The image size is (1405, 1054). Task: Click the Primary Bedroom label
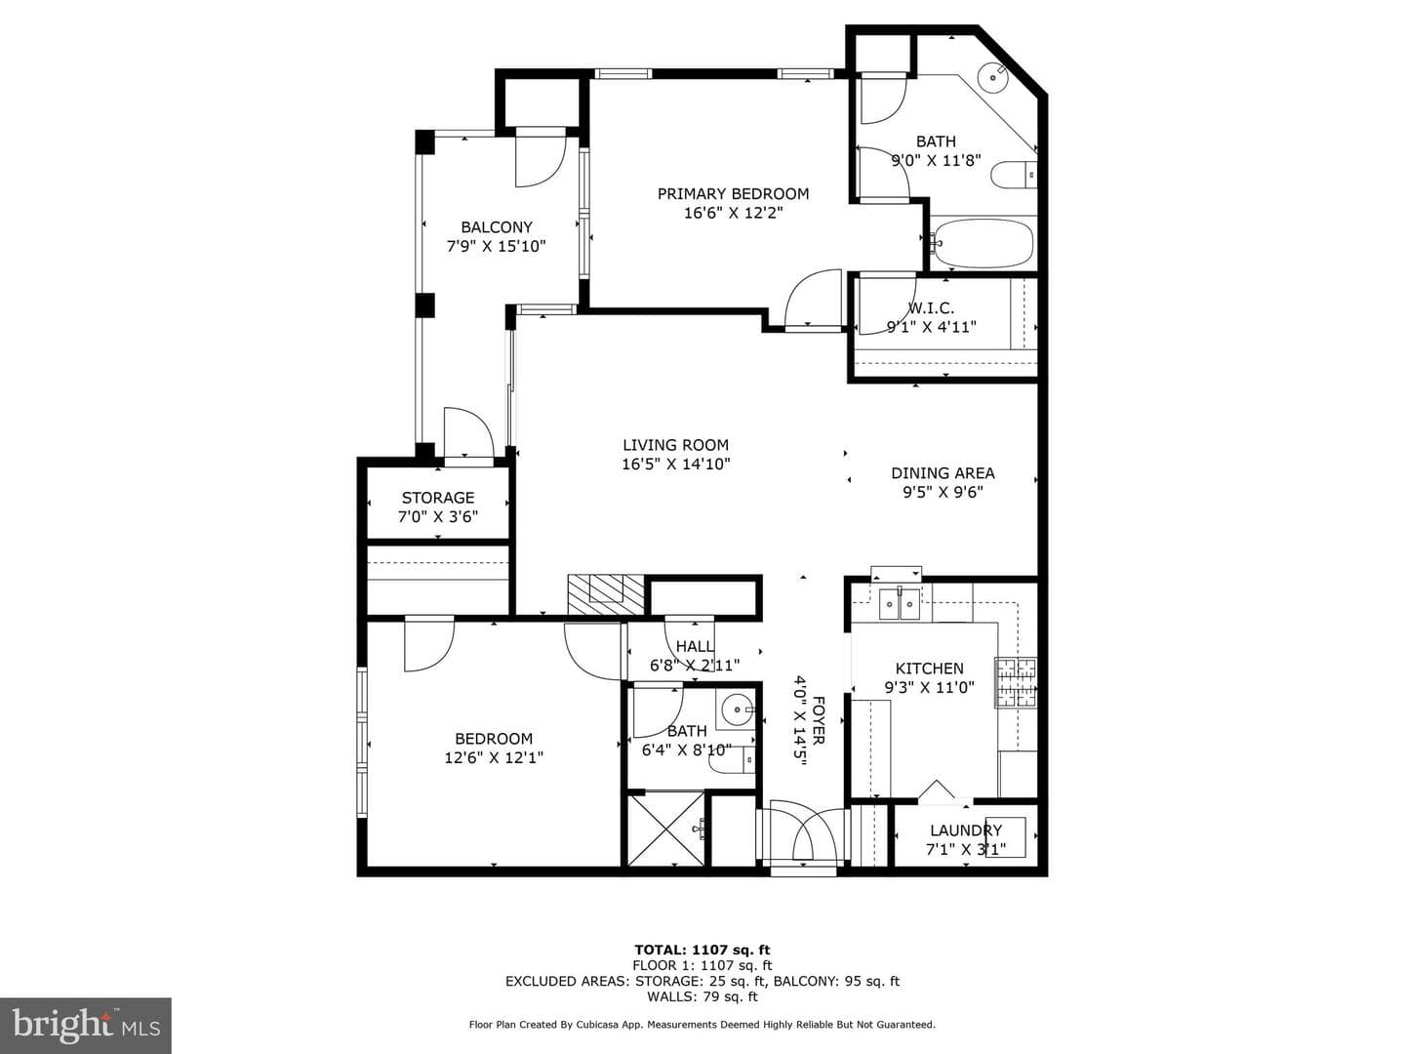pos(733,193)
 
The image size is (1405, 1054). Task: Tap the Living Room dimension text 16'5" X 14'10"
pos(676,464)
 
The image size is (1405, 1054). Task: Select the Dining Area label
pos(943,473)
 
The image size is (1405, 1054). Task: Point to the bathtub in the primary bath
pos(982,243)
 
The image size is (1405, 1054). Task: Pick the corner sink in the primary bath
pos(993,77)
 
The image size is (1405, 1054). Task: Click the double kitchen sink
pos(899,603)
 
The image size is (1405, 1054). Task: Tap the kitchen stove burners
pos(1016,682)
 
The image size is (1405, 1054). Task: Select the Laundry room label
pos(966,831)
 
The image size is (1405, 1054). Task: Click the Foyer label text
pos(819,720)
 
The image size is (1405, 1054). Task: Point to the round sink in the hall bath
pos(737,709)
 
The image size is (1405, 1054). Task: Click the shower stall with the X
pos(665,830)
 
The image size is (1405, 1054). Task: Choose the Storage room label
pos(438,498)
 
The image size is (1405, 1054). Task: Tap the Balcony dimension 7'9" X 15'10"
pos(496,246)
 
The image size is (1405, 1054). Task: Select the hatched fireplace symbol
pos(606,595)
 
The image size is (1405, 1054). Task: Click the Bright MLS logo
pos(86,1025)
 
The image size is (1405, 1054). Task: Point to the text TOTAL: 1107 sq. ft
pos(702,950)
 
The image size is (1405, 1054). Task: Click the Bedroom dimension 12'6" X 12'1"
pos(494,757)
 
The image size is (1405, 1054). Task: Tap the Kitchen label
pos(930,669)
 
